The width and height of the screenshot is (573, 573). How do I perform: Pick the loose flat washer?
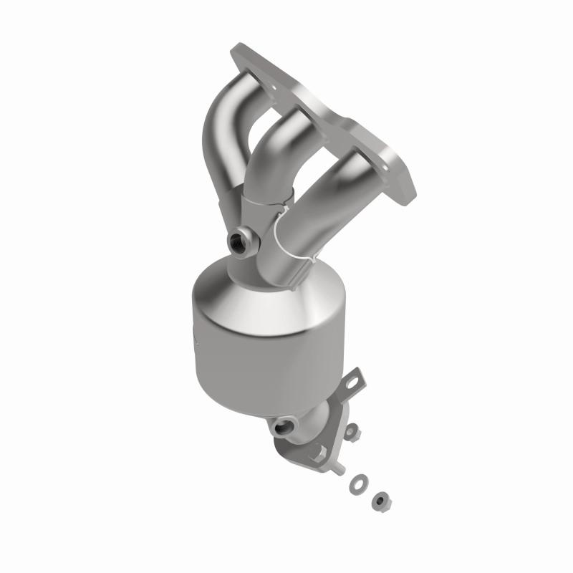tap(356, 486)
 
